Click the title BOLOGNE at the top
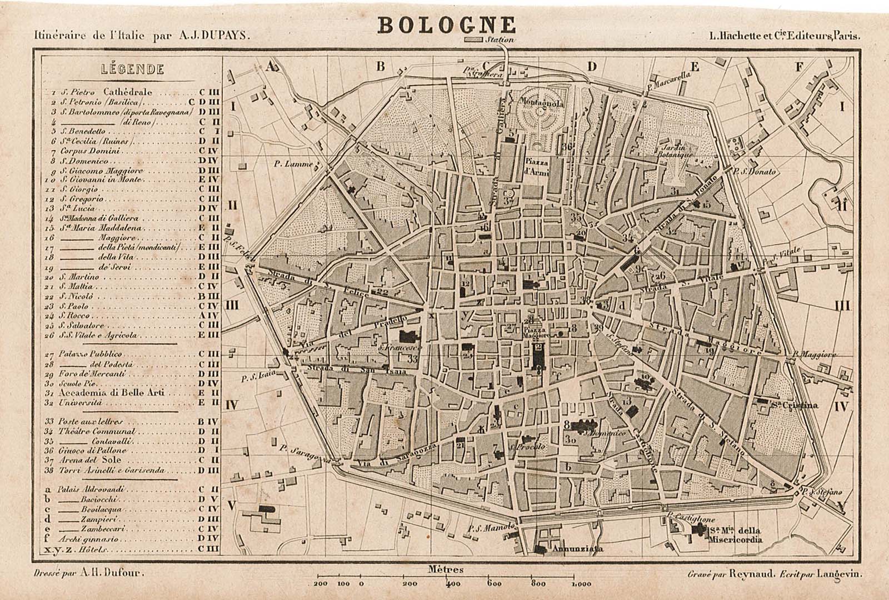click(447, 24)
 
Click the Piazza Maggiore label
click(537, 332)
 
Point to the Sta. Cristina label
click(795, 405)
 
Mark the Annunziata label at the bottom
click(577, 549)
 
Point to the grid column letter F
click(799, 67)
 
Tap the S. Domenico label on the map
click(606, 432)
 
